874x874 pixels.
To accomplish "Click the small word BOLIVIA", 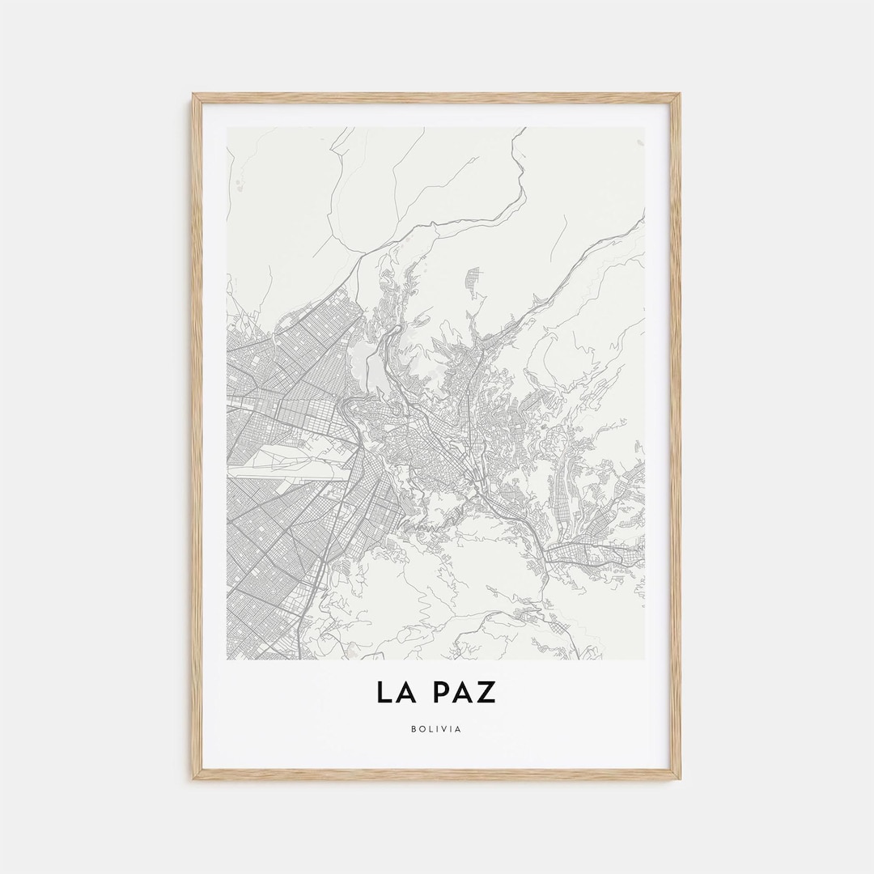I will click(436, 729).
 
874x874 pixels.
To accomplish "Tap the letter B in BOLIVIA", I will click(414, 729).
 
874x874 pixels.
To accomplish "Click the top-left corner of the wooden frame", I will click(193, 94).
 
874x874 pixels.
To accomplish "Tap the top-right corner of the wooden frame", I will click(681, 94).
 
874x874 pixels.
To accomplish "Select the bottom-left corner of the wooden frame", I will click(193, 779).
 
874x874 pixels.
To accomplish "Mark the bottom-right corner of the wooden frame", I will click(681, 779).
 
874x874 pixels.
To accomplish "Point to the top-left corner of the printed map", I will click(227, 127).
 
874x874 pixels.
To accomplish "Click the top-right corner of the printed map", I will click(645, 127).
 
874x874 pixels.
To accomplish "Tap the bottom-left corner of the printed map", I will click(227, 659).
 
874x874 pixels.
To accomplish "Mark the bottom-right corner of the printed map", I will click(645, 659).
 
